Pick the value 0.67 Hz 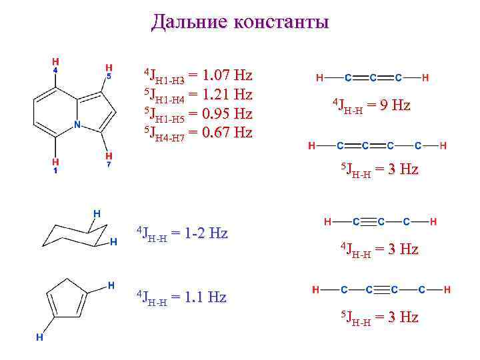point(220,132)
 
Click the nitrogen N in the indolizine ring point(77,124)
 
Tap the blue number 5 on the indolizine point(108,76)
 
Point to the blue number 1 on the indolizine point(55,171)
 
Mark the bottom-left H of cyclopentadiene point(40,337)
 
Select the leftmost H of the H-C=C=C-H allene point(321,78)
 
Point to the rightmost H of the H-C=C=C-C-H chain point(443,145)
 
